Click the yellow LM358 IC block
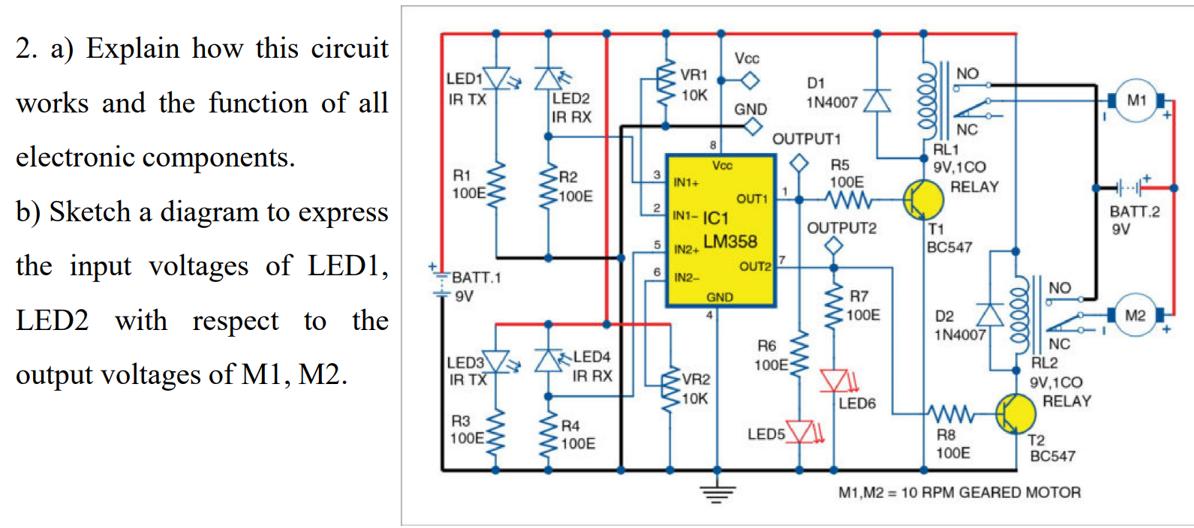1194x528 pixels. pos(720,231)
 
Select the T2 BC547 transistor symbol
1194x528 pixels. pos(1015,413)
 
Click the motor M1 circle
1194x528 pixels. pos(1136,100)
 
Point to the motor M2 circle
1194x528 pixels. pos(1135,316)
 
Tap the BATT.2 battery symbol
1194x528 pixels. pos(1131,187)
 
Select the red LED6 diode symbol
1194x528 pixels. pos(834,380)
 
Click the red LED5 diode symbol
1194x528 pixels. pos(800,432)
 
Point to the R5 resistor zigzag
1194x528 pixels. pos(849,199)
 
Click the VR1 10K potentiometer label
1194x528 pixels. pos(694,85)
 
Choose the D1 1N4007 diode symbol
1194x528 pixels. pos(877,100)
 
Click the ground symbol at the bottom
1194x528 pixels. pos(717,493)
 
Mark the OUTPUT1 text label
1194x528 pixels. pos(807,139)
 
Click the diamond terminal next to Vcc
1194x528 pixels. pos(749,79)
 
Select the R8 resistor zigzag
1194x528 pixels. pos(951,413)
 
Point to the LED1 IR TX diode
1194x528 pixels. pos(496,78)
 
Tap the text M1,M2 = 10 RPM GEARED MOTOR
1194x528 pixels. pos(959,493)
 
